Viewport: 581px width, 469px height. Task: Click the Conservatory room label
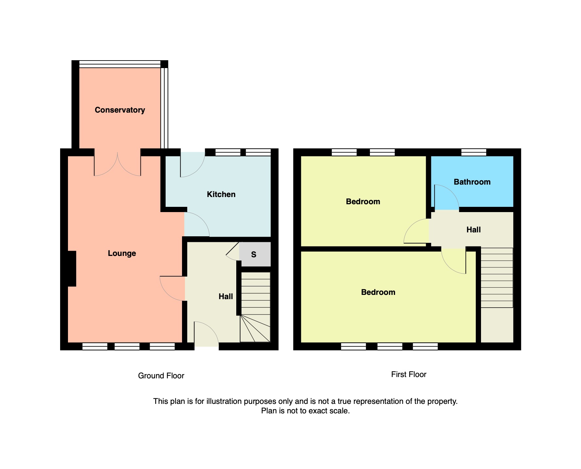pyautogui.click(x=120, y=110)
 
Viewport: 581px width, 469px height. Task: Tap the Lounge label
pyautogui.click(x=122, y=253)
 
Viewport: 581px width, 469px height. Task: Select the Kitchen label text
pyautogui.click(x=221, y=194)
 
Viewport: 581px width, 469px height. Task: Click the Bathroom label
pyautogui.click(x=472, y=182)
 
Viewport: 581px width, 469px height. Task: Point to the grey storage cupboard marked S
pyautogui.click(x=255, y=254)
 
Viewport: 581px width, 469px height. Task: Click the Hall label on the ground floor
pyautogui.click(x=226, y=297)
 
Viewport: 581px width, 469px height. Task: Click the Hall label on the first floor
pyautogui.click(x=473, y=230)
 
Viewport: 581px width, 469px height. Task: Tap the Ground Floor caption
pyautogui.click(x=161, y=376)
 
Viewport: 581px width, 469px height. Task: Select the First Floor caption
pyautogui.click(x=409, y=374)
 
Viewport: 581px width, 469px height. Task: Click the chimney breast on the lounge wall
pyautogui.click(x=72, y=269)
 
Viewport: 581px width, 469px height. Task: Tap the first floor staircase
pyautogui.click(x=497, y=278)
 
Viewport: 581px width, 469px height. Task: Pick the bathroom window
pyautogui.click(x=474, y=152)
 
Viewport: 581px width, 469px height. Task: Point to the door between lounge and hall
pyautogui.click(x=173, y=288)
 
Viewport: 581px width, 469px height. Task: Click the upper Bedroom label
pyautogui.click(x=363, y=202)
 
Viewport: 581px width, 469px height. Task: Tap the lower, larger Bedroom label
pyautogui.click(x=378, y=292)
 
